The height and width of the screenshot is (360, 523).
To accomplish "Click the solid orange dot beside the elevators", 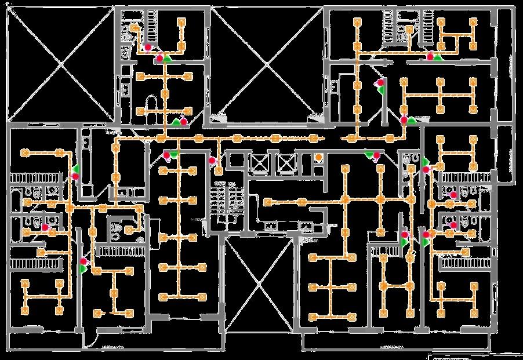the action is click(x=318, y=157).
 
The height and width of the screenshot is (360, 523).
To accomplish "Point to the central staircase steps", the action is click(x=220, y=203).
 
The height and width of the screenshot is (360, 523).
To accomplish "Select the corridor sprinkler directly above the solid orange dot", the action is click(x=314, y=138).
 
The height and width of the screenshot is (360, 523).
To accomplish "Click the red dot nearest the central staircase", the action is click(x=212, y=160).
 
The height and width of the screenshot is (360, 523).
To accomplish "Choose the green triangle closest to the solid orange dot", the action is click(x=369, y=154).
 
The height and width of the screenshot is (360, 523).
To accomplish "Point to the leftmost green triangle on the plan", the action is click(x=77, y=168).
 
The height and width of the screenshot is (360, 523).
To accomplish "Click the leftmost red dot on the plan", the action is click(x=45, y=228).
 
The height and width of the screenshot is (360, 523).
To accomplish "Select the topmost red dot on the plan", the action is click(x=148, y=47).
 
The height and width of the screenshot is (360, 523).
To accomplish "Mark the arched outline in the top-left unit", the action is click(x=152, y=104).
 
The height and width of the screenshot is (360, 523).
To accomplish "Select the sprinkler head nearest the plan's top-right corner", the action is click(x=473, y=22).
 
